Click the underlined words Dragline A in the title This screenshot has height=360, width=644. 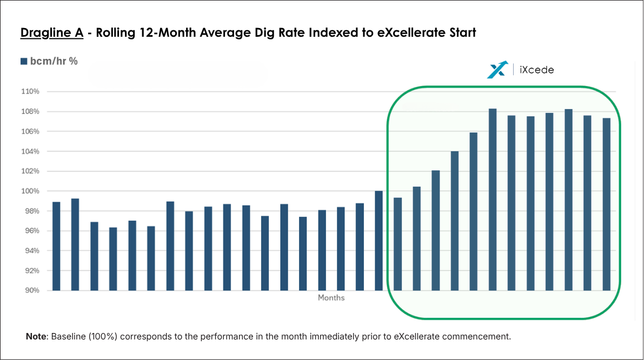52,33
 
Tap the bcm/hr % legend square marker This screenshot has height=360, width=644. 24,62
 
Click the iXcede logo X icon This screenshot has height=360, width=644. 497,69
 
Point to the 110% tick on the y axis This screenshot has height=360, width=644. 31,92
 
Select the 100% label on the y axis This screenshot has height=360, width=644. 31,191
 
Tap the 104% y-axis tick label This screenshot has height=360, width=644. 31,151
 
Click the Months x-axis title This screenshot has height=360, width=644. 331,298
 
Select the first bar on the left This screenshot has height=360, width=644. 56,246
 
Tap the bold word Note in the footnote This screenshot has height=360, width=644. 37,337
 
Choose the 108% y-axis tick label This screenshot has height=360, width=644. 31,112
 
